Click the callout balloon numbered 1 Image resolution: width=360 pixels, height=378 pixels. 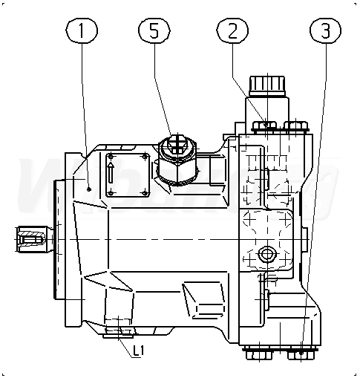tap(82, 30)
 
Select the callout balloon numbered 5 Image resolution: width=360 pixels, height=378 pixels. tap(154, 30)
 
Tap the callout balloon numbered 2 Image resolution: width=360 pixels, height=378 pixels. tap(232, 30)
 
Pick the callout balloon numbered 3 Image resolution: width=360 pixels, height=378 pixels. tap(326, 30)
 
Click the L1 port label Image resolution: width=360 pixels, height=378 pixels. tap(138, 351)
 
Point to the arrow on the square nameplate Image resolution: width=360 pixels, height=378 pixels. tap(111, 173)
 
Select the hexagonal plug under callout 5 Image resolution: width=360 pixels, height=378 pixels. tap(177, 160)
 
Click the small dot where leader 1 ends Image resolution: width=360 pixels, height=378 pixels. tap(89, 189)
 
